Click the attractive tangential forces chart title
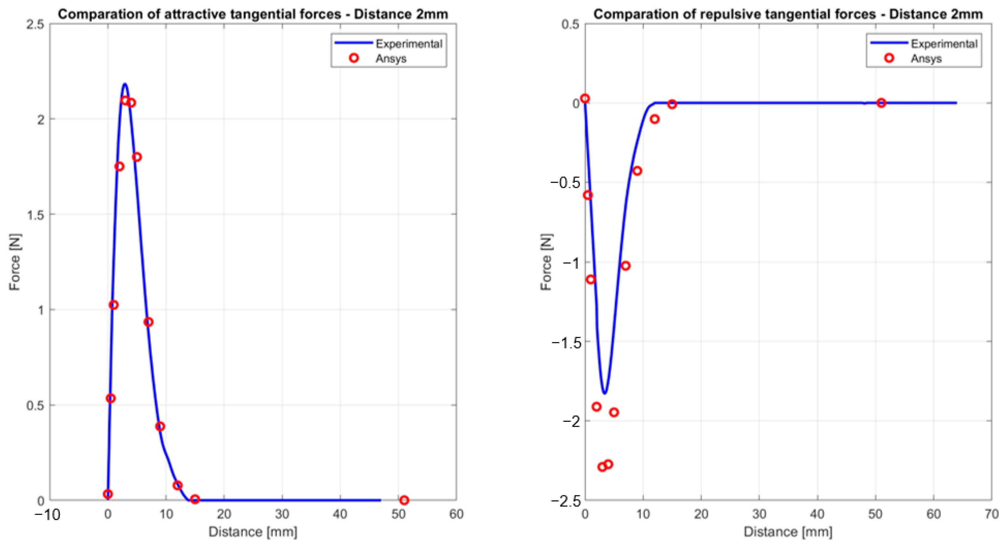(x=253, y=14)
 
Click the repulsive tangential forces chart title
(x=788, y=14)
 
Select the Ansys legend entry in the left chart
(x=391, y=58)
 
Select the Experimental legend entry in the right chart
(x=944, y=44)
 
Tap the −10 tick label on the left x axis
(x=48, y=515)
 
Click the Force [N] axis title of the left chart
(x=15, y=262)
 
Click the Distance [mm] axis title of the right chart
(x=788, y=532)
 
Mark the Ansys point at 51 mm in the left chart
(x=404, y=500)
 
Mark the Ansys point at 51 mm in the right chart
(x=881, y=103)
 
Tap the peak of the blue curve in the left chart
(x=125, y=84)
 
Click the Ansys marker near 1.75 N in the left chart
(x=120, y=167)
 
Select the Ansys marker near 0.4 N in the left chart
(x=160, y=426)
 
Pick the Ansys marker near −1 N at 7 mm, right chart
(x=626, y=266)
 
